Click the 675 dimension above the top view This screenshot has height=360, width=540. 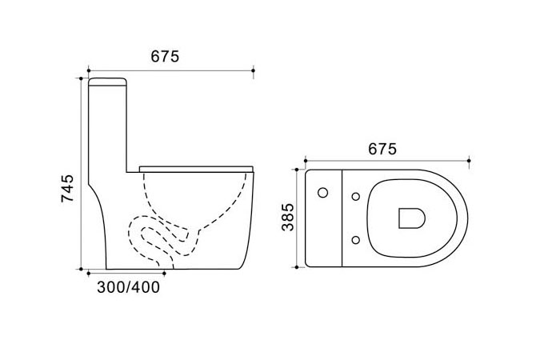[x=382, y=150]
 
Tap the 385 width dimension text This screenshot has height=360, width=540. [x=289, y=218]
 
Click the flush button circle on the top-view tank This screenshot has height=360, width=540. [x=323, y=193]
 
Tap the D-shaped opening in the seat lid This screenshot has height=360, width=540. [x=410, y=217]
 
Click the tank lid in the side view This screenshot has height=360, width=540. [x=107, y=82]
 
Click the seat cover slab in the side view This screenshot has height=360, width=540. [x=196, y=167]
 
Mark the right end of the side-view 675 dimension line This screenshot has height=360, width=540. [x=254, y=71]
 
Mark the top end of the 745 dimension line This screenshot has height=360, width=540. [x=81, y=78]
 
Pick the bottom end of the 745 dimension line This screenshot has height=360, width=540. [x=81, y=270]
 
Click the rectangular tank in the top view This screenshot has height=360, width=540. [x=324, y=218]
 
